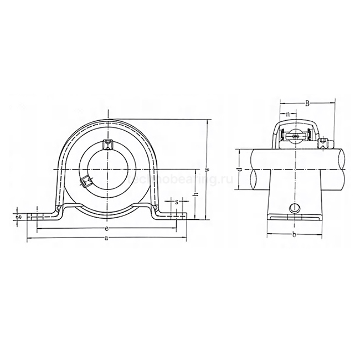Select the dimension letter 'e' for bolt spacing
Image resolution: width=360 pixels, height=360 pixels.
click(x=106, y=227)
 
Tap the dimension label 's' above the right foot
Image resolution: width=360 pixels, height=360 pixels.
click(x=176, y=202)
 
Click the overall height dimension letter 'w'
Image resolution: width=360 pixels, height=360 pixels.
click(x=206, y=169)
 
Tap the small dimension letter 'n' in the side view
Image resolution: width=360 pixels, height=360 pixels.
click(x=289, y=116)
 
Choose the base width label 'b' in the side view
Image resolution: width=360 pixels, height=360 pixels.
click(x=295, y=235)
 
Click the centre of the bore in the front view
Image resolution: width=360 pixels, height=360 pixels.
click(x=109, y=167)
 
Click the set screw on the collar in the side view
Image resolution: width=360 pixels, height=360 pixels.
click(x=324, y=143)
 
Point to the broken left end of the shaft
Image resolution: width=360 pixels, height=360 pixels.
click(x=254, y=169)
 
